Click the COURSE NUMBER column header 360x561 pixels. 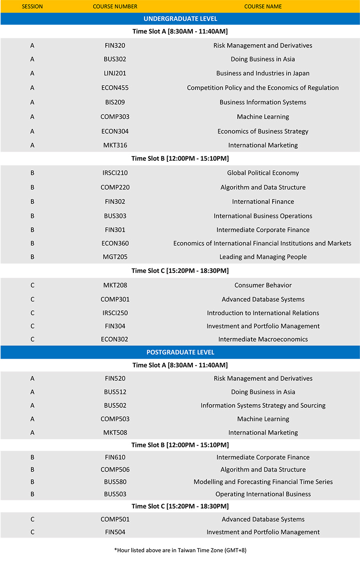[x=115, y=6]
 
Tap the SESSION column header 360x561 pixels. [x=32, y=6]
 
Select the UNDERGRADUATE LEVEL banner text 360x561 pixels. [x=180, y=19]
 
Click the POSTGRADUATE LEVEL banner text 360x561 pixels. [x=180, y=352]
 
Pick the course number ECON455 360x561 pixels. [x=115, y=88]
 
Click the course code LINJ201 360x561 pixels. [x=115, y=73]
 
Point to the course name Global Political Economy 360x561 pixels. [x=263, y=173]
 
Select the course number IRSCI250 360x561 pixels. [x=115, y=313]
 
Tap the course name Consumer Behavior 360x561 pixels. [x=263, y=285]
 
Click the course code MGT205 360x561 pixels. [x=115, y=257]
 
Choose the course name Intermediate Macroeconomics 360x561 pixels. [x=263, y=339]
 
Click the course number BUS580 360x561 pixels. [x=115, y=482]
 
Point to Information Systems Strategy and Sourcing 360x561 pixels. [x=263, y=405]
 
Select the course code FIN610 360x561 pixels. [x=115, y=457]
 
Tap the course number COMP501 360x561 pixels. [x=115, y=519]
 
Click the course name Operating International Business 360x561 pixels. [x=263, y=494]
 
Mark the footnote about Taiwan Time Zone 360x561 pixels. [x=180, y=550]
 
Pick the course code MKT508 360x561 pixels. [x=115, y=432]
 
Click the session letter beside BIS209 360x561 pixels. [x=32, y=102]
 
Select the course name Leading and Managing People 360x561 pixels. [x=263, y=257]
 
